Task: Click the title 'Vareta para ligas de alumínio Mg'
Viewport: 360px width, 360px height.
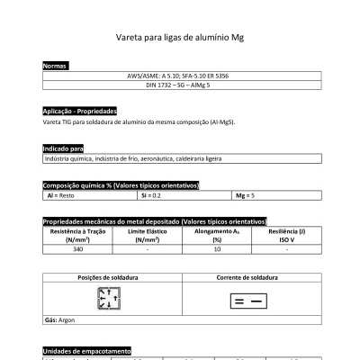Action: (180, 40)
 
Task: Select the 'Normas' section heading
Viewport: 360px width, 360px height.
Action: (55, 67)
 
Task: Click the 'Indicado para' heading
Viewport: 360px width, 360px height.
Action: (63, 148)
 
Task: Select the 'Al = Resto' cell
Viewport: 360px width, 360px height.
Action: (59, 194)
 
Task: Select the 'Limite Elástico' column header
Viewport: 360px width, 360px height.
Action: (147, 235)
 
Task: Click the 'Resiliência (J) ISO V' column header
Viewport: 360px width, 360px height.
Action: (286, 235)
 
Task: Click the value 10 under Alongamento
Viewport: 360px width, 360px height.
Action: (217, 249)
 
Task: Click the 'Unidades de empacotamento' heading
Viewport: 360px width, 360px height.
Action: (87, 350)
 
